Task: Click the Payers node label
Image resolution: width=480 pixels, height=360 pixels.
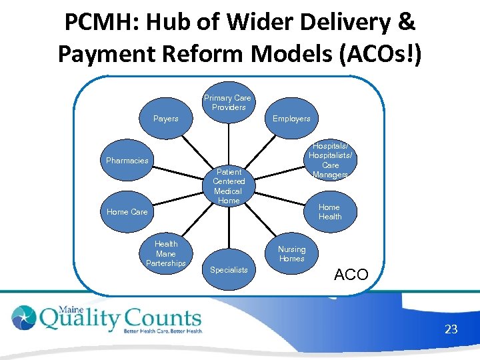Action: (x=166, y=119)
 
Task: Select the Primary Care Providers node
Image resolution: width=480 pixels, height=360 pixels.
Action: (x=228, y=103)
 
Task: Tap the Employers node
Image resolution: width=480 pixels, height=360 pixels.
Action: (x=291, y=119)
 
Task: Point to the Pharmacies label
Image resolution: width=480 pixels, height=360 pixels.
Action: (x=127, y=161)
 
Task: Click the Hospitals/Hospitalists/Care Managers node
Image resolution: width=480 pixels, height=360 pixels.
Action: (x=330, y=161)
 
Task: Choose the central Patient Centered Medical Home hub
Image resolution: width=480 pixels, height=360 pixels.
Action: (x=229, y=186)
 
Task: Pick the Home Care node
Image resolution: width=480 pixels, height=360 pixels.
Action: (x=127, y=212)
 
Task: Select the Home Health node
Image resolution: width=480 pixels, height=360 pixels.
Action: (x=329, y=212)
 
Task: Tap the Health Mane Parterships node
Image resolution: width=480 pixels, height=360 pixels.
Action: (x=166, y=253)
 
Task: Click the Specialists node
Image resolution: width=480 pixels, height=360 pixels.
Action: (x=229, y=270)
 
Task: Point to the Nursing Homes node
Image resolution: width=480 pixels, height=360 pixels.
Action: (x=291, y=254)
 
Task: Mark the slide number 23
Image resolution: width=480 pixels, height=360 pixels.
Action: (x=451, y=329)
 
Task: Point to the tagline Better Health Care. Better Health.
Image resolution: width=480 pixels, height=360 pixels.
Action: (x=162, y=331)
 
